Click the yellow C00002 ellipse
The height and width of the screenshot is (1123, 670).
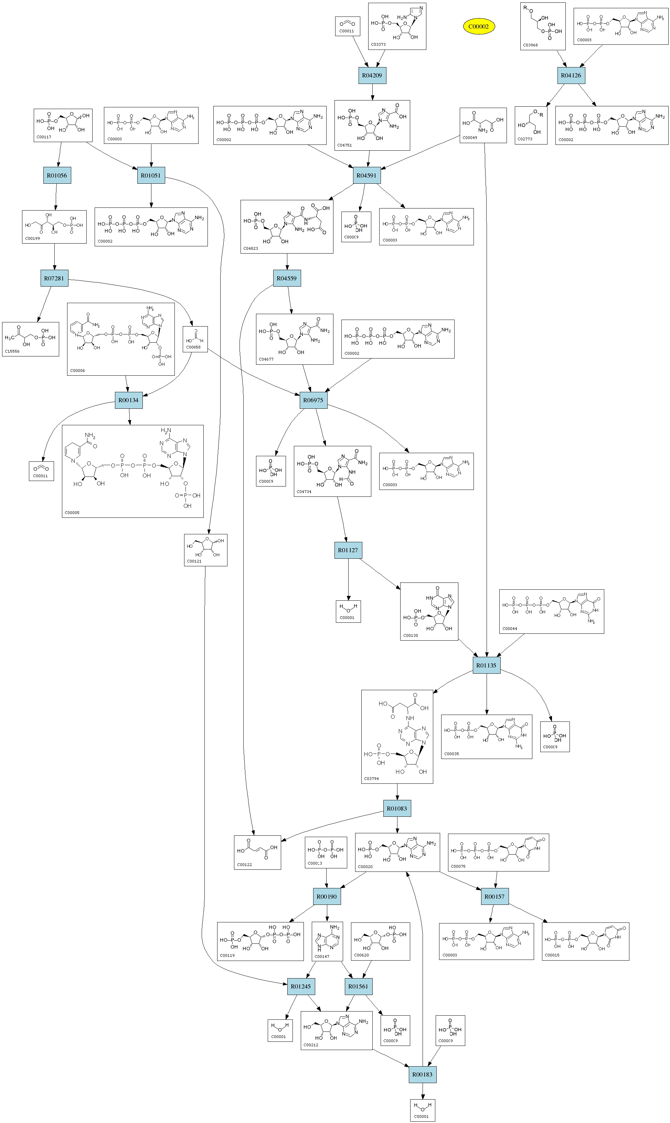pyautogui.click(x=479, y=26)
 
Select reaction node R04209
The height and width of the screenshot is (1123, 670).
pyautogui.click(x=372, y=75)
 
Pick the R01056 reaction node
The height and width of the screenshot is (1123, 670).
pyautogui.click(x=57, y=175)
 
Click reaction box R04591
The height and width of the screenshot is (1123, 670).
pyautogui.click(x=366, y=175)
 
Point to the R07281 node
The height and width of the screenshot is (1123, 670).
pyautogui.click(x=54, y=278)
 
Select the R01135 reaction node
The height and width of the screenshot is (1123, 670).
pyautogui.click(x=487, y=665)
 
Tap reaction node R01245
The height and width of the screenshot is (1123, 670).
pyautogui.click(x=301, y=987)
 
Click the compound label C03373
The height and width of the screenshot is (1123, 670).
pyautogui.click(x=378, y=45)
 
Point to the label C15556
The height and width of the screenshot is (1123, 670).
pyautogui.click(x=12, y=352)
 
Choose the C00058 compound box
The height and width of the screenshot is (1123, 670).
pyautogui.click(x=195, y=340)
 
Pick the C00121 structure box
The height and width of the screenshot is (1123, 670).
pyautogui.click(x=205, y=550)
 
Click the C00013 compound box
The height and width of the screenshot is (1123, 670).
pyautogui.click(x=326, y=853)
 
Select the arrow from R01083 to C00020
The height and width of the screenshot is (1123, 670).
pyautogui.click(x=397, y=825)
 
